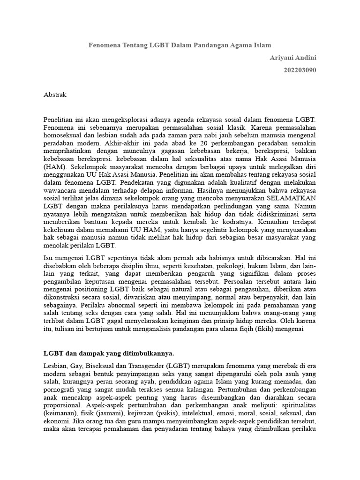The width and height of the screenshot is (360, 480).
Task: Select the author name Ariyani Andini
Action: (x=293, y=58)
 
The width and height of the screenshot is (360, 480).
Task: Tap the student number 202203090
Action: (x=300, y=70)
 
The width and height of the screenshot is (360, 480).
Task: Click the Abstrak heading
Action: (x=55, y=95)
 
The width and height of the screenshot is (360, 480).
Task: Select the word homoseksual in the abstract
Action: (x=63, y=135)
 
